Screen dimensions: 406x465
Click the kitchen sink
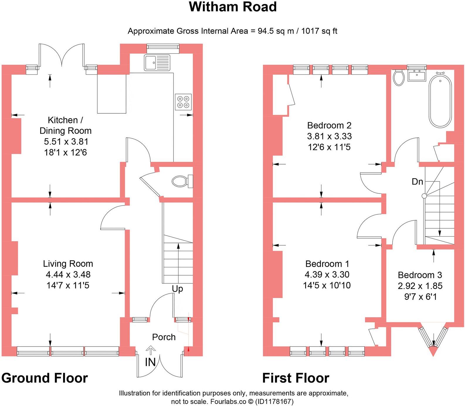(x=157, y=63)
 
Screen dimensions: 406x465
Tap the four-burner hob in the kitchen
(x=183, y=102)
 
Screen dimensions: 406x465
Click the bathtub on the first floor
(x=440, y=101)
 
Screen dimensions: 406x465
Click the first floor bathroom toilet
(x=398, y=78)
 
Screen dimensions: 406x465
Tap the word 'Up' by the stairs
(x=177, y=289)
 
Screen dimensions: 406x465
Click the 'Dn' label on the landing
(x=417, y=181)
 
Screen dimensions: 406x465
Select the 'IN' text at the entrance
(x=150, y=362)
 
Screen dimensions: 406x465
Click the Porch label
(x=164, y=337)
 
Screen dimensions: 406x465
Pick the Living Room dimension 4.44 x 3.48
(x=68, y=275)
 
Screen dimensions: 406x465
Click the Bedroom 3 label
(x=420, y=275)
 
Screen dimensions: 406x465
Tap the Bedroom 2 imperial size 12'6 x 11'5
(x=329, y=147)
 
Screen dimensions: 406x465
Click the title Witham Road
(x=232, y=7)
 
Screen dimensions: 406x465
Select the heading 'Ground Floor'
(x=45, y=378)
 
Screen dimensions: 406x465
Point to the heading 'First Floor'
(x=296, y=378)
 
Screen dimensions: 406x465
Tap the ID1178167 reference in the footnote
(x=274, y=401)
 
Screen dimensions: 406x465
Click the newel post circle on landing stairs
(x=424, y=196)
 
